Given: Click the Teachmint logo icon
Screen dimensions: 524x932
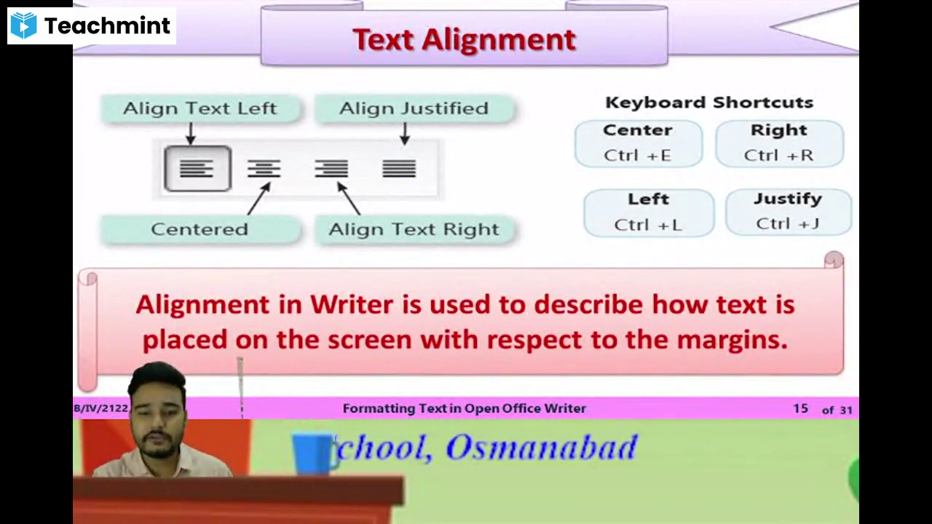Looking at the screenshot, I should pyautogui.click(x=23, y=25).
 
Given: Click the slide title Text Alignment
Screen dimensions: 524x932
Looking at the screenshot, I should pyautogui.click(x=464, y=39).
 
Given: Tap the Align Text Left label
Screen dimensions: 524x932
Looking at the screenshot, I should pyautogui.click(x=200, y=108).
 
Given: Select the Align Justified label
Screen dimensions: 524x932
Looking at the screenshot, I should pyautogui.click(x=414, y=108).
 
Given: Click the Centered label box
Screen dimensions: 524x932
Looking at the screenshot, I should pyautogui.click(x=200, y=229).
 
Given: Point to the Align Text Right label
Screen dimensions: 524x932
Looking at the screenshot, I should pyautogui.click(x=414, y=229).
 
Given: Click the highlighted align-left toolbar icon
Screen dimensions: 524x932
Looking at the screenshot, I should pyautogui.click(x=197, y=169).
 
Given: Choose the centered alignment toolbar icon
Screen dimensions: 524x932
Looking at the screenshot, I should pyautogui.click(x=264, y=169).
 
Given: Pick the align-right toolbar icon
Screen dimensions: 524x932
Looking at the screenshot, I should pyautogui.click(x=331, y=169).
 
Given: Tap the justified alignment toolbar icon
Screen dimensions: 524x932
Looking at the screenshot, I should pyautogui.click(x=398, y=169).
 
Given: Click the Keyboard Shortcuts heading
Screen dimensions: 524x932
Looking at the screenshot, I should pyautogui.click(x=708, y=103).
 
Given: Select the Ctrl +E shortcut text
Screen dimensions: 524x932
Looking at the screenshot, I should pyautogui.click(x=637, y=155).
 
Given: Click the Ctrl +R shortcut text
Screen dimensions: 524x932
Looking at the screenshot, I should pyautogui.click(x=778, y=155).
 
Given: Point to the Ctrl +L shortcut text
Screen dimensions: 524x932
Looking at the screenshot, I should pyautogui.click(x=647, y=225).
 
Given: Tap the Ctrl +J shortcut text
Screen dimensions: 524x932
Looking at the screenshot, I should pyautogui.click(x=787, y=223).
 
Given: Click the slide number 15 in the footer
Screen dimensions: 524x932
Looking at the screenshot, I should pyautogui.click(x=800, y=409).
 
